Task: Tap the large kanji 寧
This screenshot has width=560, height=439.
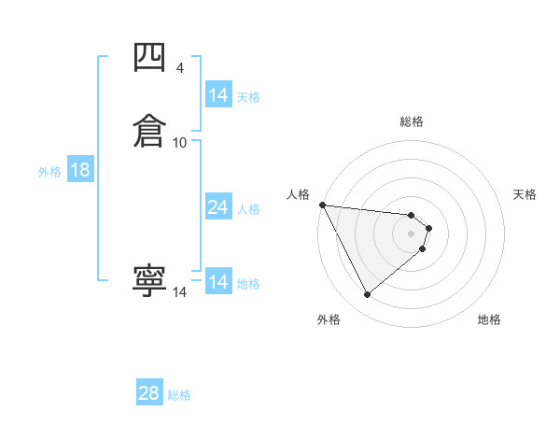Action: (x=149, y=280)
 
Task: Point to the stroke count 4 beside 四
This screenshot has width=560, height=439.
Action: (x=179, y=68)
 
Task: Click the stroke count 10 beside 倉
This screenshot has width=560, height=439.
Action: (x=180, y=142)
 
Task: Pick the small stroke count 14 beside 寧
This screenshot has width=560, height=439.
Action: (x=179, y=292)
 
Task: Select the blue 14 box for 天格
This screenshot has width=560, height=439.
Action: (x=218, y=95)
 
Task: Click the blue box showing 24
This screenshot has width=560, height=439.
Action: (x=218, y=207)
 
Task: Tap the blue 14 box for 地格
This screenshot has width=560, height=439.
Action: (x=218, y=282)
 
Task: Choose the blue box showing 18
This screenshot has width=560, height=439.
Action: (x=80, y=170)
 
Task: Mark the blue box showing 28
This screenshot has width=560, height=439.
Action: (x=149, y=393)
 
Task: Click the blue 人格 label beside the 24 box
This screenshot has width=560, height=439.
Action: (x=249, y=208)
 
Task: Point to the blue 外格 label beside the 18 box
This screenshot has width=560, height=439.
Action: (x=49, y=171)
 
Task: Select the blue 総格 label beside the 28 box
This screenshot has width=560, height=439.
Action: (x=179, y=395)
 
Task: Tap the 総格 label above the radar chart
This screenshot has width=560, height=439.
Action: (x=412, y=121)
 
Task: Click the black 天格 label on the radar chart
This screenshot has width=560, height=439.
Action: (x=525, y=194)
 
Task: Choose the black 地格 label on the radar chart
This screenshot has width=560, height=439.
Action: (x=489, y=319)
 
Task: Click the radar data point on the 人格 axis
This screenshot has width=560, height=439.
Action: (x=322, y=205)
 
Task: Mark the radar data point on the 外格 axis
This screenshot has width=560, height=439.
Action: (x=367, y=295)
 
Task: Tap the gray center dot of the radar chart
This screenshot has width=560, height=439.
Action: (x=412, y=233)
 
